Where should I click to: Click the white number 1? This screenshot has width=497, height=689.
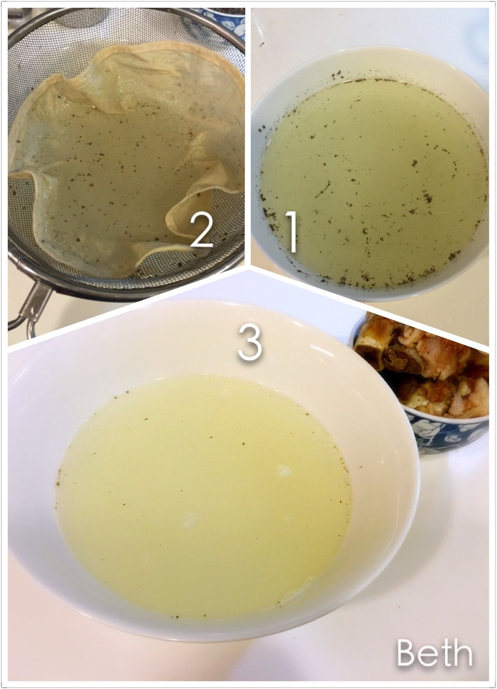coord(291,232)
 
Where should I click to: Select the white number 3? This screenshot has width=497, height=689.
coord(250,343)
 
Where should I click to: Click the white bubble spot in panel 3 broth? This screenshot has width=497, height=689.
coord(284,471)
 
